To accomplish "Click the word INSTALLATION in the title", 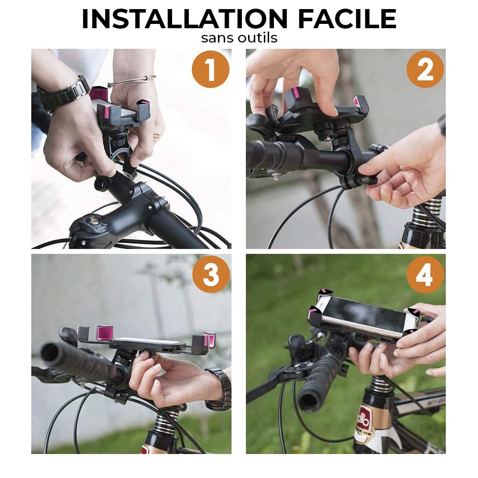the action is click(185, 19).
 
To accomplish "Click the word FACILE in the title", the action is click(347, 19).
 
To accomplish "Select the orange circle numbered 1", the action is click(211, 69).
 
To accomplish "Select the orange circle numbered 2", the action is click(425, 69).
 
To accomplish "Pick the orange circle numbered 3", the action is click(211, 274).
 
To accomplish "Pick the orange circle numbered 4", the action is click(425, 274).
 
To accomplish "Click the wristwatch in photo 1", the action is click(63, 93).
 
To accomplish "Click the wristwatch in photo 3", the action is click(219, 389).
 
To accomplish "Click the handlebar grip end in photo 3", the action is click(50, 354).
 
